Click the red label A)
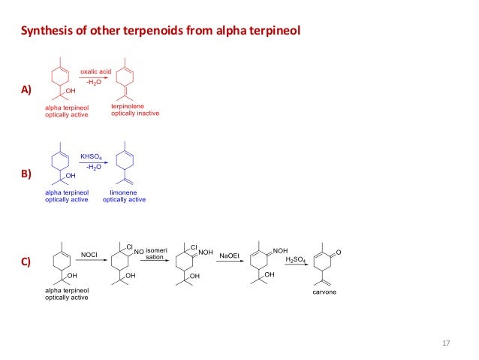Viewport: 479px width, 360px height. (26, 90)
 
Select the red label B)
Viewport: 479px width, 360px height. (26, 174)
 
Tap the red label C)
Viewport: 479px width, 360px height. (26, 262)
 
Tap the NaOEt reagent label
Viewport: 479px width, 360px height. (229, 256)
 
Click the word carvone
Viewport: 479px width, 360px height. (324, 292)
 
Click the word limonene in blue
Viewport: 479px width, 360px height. (124, 192)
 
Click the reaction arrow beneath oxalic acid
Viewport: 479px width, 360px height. (95, 77)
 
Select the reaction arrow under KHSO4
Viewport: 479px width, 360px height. (94, 162)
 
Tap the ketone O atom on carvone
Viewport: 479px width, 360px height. (339, 252)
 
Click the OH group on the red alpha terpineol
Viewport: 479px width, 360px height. (71, 92)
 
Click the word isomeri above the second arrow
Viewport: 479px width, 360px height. (157, 249)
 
